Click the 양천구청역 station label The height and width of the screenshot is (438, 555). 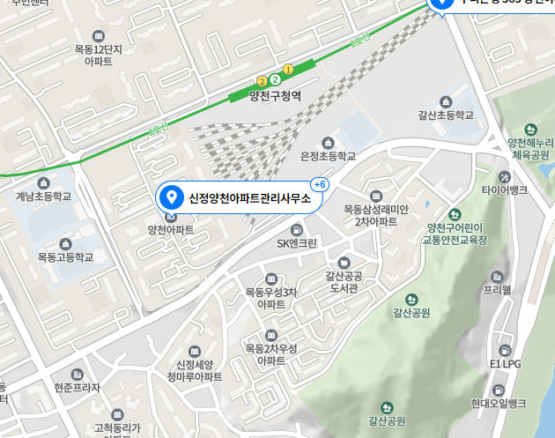click(x=275, y=96)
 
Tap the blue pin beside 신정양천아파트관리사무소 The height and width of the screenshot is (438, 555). click(x=173, y=197)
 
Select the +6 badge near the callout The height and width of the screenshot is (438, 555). click(x=320, y=184)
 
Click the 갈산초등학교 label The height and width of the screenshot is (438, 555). click(x=446, y=115)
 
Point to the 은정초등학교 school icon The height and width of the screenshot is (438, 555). click(x=329, y=142)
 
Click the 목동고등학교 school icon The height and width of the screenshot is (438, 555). click(x=64, y=243)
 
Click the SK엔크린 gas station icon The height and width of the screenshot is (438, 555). click(x=297, y=229)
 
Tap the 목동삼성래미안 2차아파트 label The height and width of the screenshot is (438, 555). click(x=376, y=216)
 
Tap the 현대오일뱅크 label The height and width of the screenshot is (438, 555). click(x=498, y=403)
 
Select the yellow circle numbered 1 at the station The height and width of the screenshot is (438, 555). click(x=287, y=70)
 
